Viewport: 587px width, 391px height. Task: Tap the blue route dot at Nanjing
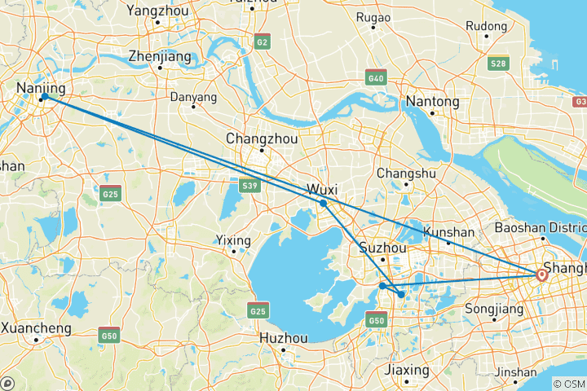[x=44, y=98]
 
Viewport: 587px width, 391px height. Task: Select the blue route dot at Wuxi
[x=324, y=203]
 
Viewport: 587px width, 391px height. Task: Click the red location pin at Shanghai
[x=541, y=275]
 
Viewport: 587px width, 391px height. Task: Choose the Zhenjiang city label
[x=160, y=57]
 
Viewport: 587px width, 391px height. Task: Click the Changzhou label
[x=262, y=138]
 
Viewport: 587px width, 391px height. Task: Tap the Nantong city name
[x=432, y=102]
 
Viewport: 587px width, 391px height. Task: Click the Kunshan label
[x=448, y=232]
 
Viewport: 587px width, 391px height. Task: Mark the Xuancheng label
[x=37, y=328]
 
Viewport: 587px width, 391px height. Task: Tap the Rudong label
[x=486, y=26]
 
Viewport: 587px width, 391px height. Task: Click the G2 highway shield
[x=262, y=41]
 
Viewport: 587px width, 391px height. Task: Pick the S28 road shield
[x=498, y=63]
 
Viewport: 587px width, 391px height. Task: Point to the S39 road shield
[x=250, y=187]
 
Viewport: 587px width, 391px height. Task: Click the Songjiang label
[x=492, y=309]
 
